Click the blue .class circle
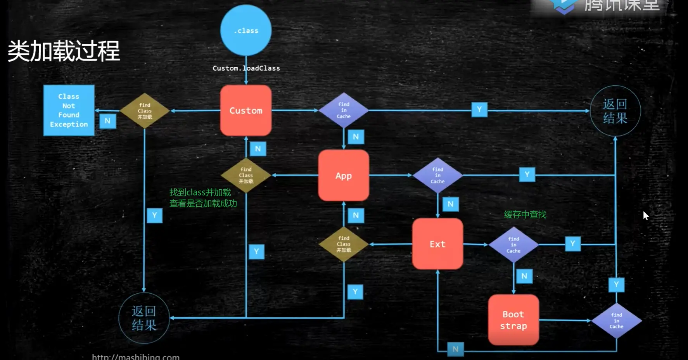click(x=246, y=30)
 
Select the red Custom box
click(x=246, y=111)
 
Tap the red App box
click(x=344, y=175)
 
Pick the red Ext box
click(x=437, y=244)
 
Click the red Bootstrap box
click(x=513, y=320)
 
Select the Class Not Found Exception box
click(x=69, y=111)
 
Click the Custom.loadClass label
click(x=246, y=68)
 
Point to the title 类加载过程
click(x=64, y=51)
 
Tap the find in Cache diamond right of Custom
click(x=344, y=111)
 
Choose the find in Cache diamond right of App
click(x=437, y=175)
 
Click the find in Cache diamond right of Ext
click(x=513, y=245)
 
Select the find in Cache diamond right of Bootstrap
click(x=616, y=321)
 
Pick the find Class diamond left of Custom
click(x=145, y=111)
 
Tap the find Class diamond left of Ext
click(x=344, y=244)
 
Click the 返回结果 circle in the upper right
click(x=615, y=111)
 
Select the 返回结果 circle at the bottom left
click(x=144, y=318)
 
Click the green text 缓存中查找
click(x=525, y=215)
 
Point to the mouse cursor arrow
click(x=645, y=215)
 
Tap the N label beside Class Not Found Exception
click(x=107, y=121)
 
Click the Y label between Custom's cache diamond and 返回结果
click(x=479, y=109)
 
